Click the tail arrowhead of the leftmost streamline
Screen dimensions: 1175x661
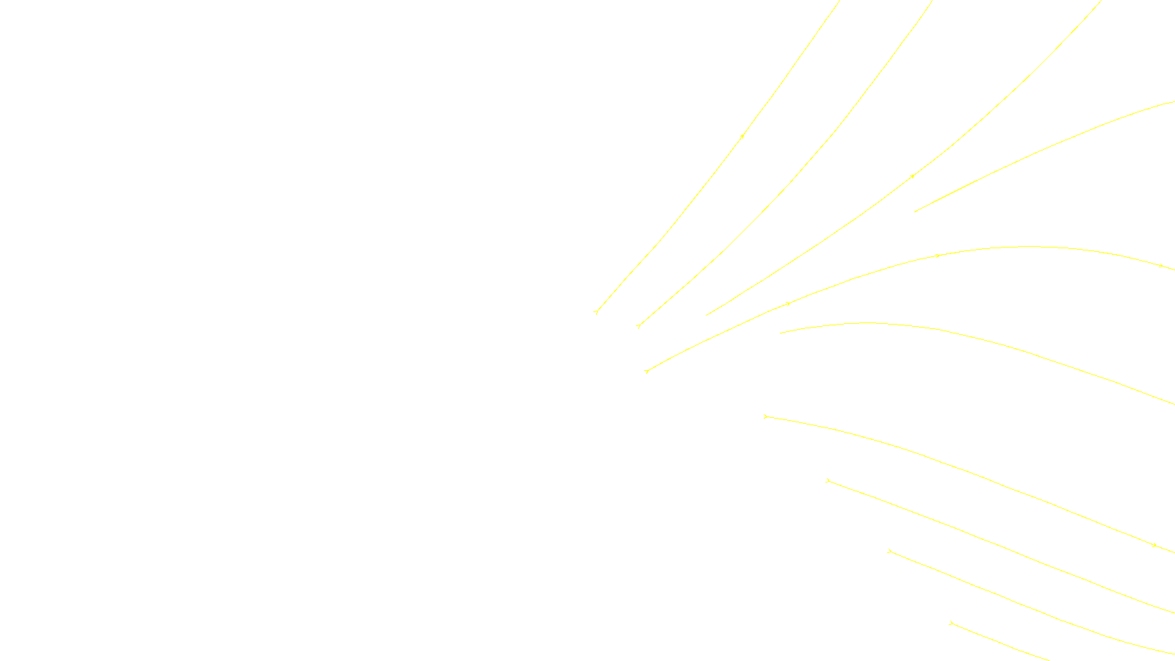pos(596,312)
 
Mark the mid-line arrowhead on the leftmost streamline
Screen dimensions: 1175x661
pos(742,136)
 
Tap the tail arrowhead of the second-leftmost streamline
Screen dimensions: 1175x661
pos(639,325)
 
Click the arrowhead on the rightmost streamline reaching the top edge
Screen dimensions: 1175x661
pos(913,176)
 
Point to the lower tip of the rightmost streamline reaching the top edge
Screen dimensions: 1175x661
pos(706,316)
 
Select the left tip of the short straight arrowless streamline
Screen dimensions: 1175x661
pos(914,212)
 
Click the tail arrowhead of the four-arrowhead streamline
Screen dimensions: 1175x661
pos(646,371)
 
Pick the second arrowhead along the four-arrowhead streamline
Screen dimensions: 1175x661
pos(788,303)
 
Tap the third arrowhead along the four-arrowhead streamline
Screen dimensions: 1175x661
pos(938,256)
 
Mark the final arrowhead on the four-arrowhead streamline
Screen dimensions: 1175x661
pos(1161,265)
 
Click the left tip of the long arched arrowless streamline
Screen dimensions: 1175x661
pos(780,333)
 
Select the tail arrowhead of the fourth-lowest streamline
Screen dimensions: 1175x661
pos(766,416)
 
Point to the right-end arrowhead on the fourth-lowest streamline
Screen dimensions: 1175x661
pos(1154,545)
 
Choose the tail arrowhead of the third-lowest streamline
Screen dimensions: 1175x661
pos(828,480)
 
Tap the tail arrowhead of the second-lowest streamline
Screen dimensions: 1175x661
pos(889,550)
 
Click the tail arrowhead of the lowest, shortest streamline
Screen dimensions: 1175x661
pos(951,623)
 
